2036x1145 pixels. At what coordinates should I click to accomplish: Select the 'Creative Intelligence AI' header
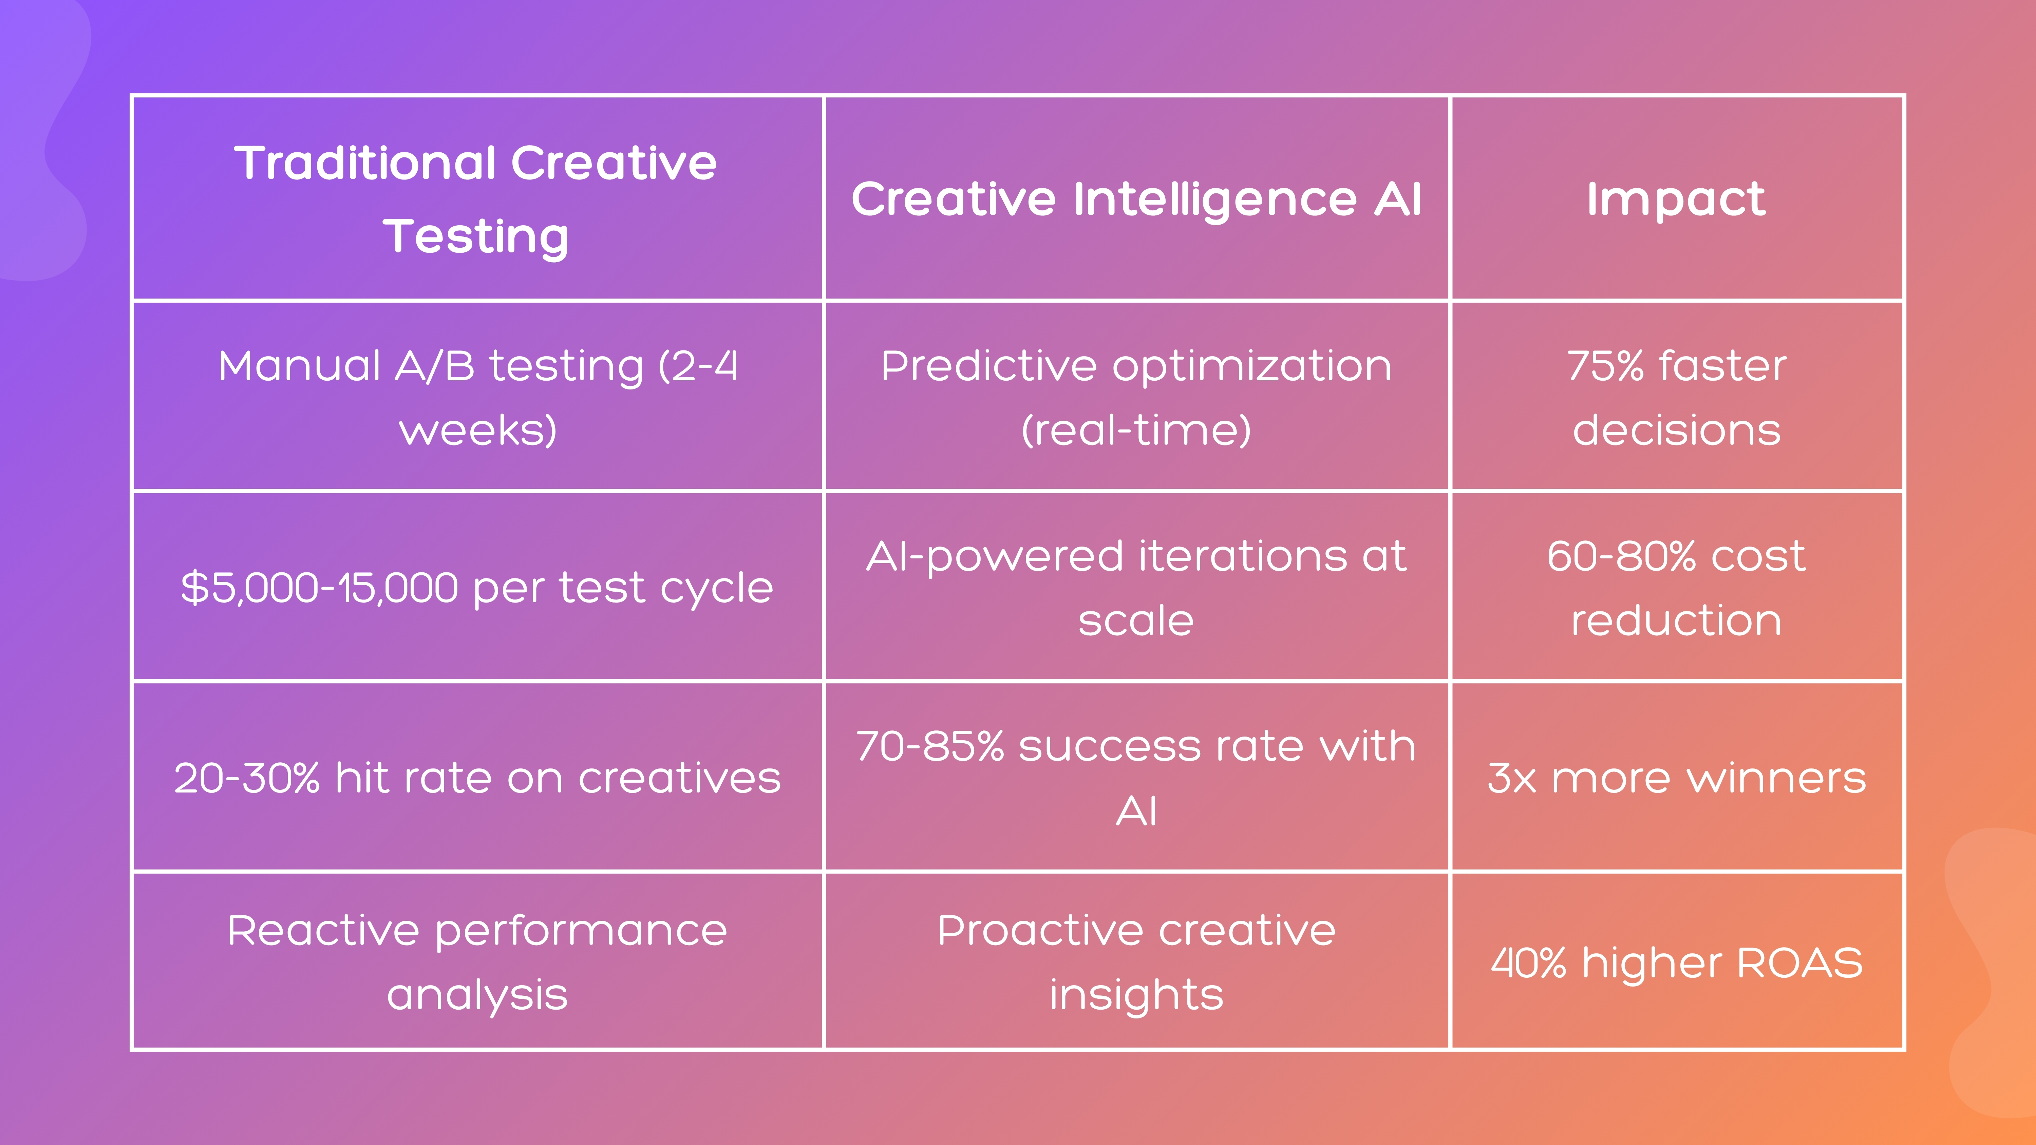point(1136,198)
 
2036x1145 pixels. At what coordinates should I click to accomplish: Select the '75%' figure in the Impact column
point(1604,366)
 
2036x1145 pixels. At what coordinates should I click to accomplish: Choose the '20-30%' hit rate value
point(247,778)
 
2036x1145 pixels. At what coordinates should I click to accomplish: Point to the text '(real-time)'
point(1136,430)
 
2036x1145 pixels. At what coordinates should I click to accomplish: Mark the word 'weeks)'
point(477,430)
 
